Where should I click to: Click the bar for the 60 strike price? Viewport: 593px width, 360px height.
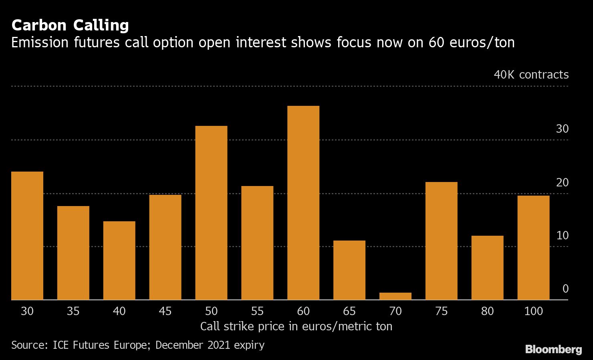(303, 203)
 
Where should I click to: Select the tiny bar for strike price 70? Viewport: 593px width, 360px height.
(395, 296)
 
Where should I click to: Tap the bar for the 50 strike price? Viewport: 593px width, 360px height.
(211, 213)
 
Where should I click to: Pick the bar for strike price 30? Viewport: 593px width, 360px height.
(27, 236)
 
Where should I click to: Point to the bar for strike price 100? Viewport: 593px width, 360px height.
(533, 247)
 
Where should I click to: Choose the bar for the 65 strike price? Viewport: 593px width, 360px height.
(349, 270)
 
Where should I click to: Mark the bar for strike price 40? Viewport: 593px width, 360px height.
(119, 261)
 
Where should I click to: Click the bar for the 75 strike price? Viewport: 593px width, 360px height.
(441, 241)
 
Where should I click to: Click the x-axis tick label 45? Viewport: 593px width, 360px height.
(165, 311)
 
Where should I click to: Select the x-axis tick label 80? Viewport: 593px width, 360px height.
(487, 311)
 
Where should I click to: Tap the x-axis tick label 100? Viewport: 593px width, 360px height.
(533, 311)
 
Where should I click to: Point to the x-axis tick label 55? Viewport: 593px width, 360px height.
(257, 311)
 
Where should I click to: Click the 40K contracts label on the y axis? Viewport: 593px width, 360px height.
(531, 75)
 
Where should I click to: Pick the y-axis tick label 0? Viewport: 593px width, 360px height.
(565, 289)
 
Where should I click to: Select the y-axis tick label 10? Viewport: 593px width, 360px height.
(562, 235)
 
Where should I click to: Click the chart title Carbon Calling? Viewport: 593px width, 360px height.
(70, 25)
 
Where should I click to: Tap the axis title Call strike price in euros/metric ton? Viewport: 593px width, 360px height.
(296, 326)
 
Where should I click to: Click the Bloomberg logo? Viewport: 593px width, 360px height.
(553, 349)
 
